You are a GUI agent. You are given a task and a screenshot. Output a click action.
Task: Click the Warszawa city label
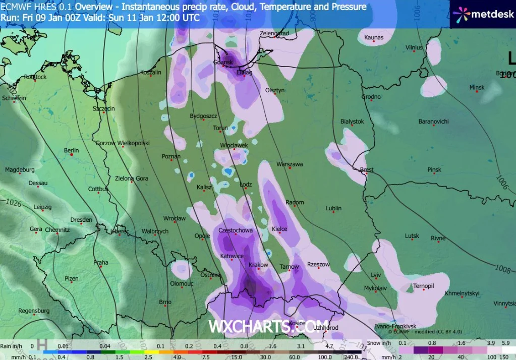(289, 164)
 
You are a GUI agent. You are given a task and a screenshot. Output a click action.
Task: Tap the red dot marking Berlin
(72, 155)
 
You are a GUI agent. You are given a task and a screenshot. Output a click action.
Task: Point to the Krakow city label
(258, 265)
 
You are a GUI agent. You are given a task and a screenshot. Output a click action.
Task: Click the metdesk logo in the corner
(483, 14)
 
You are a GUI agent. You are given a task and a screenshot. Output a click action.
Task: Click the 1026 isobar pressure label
(14, 203)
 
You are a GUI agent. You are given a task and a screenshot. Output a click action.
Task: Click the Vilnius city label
(414, 48)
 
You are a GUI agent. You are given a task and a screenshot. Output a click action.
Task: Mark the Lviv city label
(376, 275)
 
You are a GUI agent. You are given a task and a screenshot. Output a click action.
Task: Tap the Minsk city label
(477, 88)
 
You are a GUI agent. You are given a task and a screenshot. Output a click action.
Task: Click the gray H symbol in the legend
(42, 344)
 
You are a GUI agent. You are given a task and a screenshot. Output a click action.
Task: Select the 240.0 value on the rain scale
(351, 356)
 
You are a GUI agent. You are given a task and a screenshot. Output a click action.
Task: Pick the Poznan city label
(171, 157)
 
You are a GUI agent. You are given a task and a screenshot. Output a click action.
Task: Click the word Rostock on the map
(35, 77)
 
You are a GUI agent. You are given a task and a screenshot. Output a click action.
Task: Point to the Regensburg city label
(34, 311)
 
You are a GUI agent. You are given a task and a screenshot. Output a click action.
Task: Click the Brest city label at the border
(367, 170)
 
